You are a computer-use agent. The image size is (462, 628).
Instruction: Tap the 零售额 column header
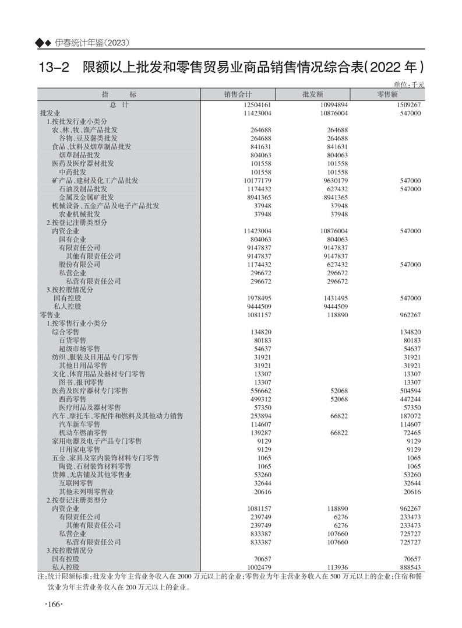(387, 94)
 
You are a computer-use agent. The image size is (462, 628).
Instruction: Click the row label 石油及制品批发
(83, 189)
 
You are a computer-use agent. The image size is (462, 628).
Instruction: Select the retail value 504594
(408, 391)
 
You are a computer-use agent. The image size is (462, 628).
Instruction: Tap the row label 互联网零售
(76, 483)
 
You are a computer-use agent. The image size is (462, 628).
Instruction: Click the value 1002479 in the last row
(254, 567)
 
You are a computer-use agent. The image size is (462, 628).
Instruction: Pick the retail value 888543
(408, 567)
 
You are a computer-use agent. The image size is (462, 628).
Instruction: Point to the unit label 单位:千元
(409, 85)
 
